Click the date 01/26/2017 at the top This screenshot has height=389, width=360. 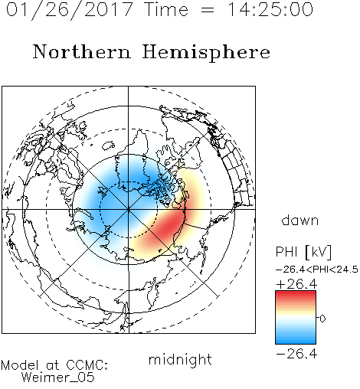point(70,10)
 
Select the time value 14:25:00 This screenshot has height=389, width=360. point(270,9)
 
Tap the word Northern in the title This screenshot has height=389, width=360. point(82,51)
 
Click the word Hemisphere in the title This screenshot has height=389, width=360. point(206,53)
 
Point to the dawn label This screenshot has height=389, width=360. point(300,220)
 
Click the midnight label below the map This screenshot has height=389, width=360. point(180,359)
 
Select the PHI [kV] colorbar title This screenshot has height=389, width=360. point(304,252)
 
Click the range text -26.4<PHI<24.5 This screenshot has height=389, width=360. point(317,270)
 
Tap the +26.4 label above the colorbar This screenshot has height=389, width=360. point(296,284)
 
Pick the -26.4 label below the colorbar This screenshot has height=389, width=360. point(296,354)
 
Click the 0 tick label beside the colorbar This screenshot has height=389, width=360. point(322,319)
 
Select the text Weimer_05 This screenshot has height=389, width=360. point(58,378)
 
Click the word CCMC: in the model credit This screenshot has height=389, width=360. point(87,365)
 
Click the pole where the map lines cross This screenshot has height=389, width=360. point(129,210)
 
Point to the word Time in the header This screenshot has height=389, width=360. point(166,9)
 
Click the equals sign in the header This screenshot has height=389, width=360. point(208,10)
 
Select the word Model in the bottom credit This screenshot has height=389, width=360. point(20,365)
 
